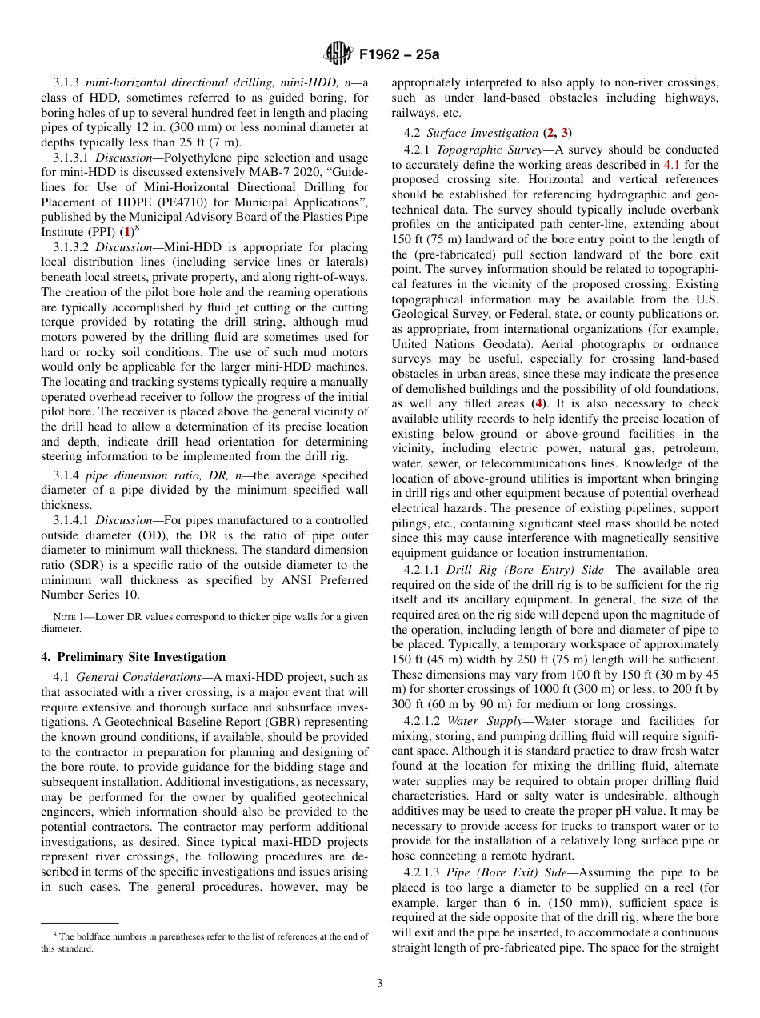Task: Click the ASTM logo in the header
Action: click(338, 54)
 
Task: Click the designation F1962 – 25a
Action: click(399, 55)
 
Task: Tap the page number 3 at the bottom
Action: click(380, 983)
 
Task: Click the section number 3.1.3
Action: click(68, 82)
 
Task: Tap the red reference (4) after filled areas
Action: click(542, 403)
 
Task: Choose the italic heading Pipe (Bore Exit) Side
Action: click(504, 872)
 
